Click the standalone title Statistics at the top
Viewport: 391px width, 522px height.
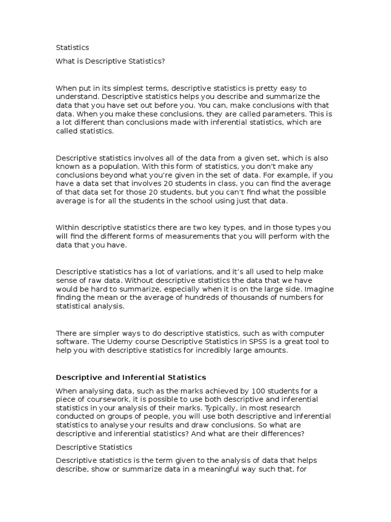(72, 47)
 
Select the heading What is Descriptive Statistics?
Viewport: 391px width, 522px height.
(110, 61)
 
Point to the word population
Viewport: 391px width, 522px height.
(127, 166)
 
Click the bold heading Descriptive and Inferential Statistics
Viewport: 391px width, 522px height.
(131, 377)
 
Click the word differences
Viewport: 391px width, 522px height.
(283, 434)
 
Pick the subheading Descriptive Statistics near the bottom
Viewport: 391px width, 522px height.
(94, 447)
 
